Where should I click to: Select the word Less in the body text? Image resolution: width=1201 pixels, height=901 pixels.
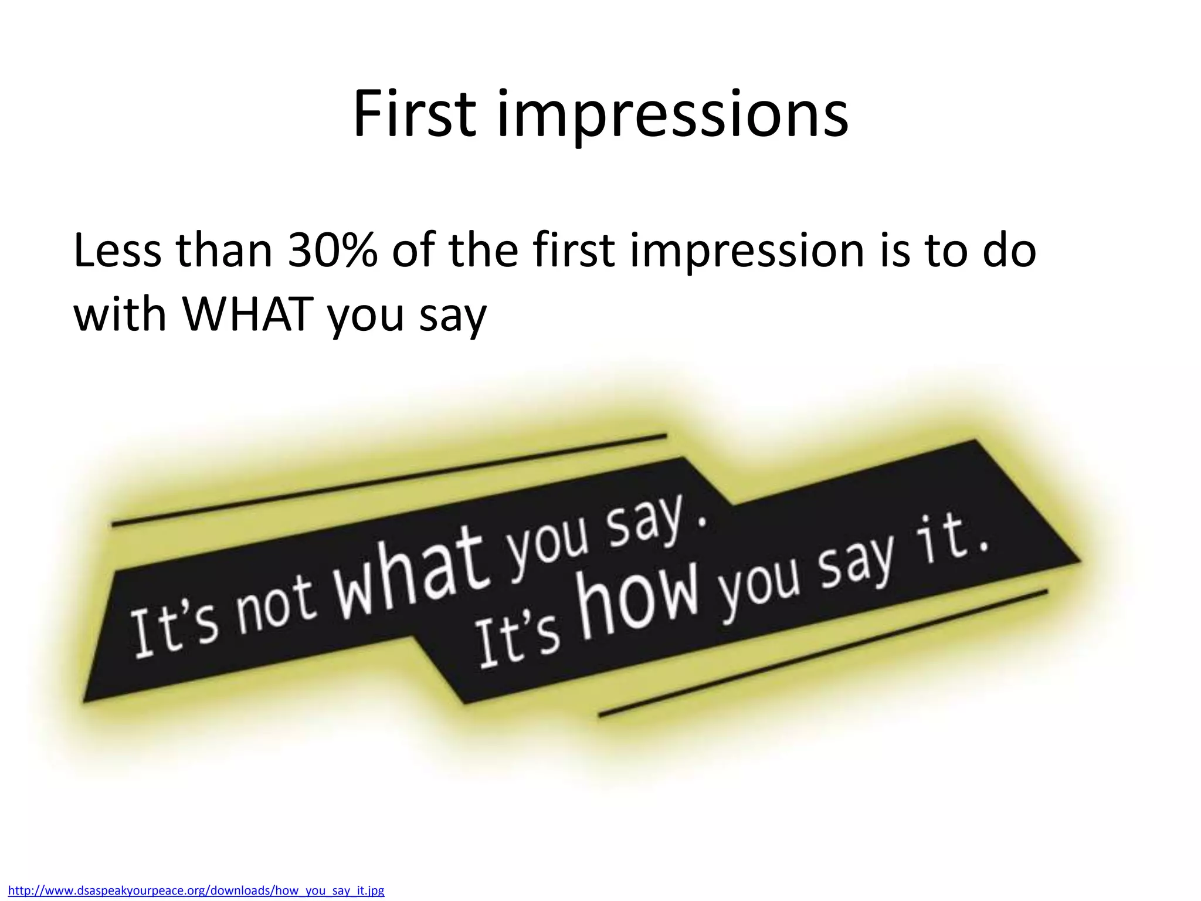[117, 250]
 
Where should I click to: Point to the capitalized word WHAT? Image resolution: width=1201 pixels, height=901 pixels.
[249, 313]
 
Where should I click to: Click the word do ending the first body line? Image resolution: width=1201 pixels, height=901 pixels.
[1008, 250]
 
